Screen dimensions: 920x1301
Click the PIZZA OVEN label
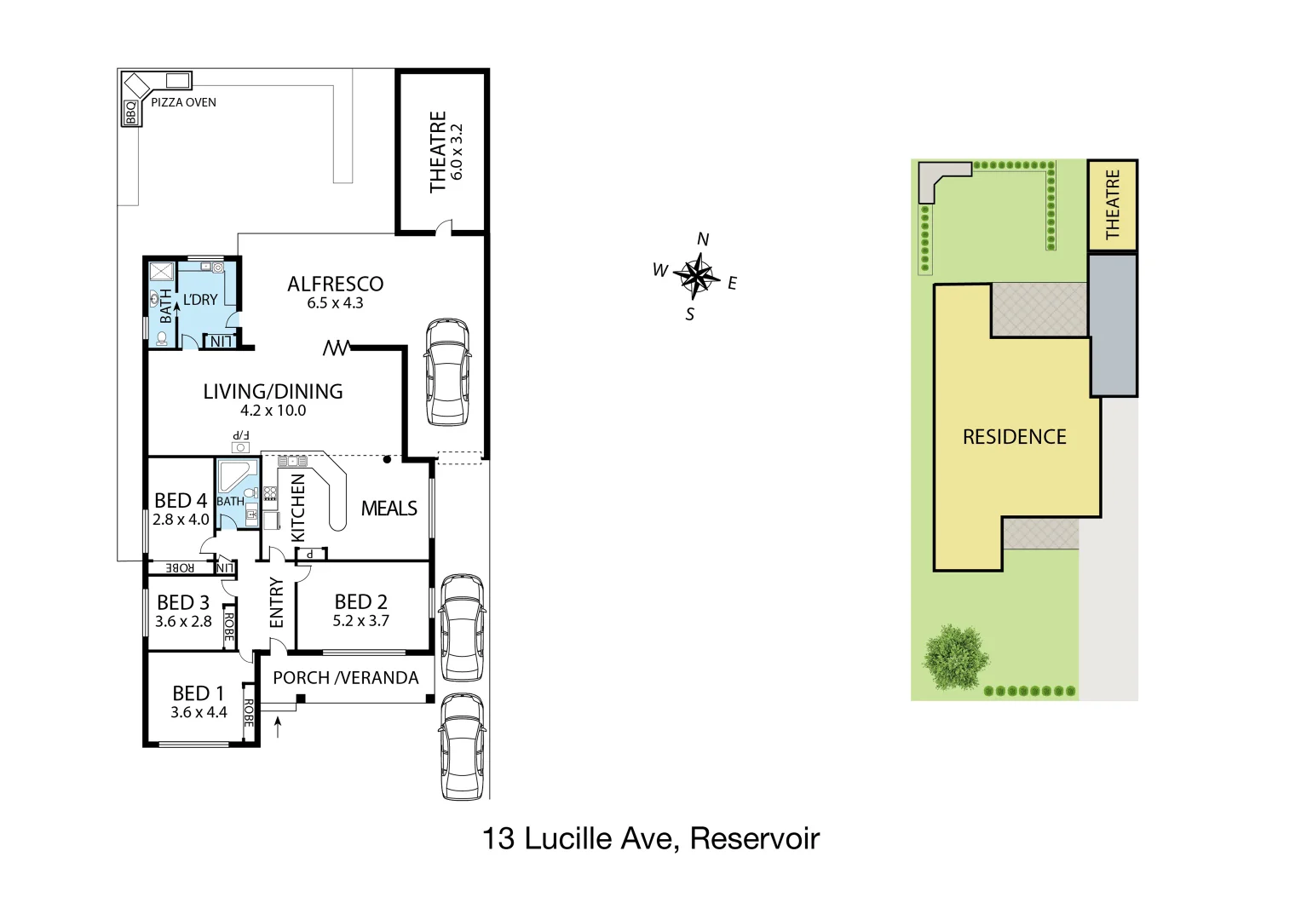[183, 102]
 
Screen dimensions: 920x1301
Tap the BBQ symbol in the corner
[130, 112]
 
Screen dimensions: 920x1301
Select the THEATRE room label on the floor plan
[438, 152]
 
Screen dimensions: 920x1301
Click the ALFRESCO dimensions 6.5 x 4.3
[335, 303]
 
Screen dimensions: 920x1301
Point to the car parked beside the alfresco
[447, 372]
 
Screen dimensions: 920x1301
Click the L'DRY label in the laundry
[200, 300]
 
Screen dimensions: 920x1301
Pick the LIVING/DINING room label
[273, 391]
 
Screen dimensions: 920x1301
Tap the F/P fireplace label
[241, 435]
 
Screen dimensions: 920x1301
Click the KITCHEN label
[298, 508]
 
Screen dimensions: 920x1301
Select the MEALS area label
[389, 509]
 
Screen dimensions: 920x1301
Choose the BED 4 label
[180, 501]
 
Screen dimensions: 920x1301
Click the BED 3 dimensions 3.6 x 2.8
[183, 622]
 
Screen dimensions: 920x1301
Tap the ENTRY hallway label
[277, 603]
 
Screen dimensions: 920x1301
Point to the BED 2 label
[360, 601]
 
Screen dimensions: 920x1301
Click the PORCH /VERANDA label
[345, 678]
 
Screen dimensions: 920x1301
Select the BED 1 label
[198, 693]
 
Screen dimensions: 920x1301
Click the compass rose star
[697, 275]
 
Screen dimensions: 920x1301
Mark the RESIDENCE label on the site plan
[1014, 437]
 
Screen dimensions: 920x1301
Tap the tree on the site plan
[956, 656]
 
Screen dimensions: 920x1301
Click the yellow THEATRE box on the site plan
[1112, 204]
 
